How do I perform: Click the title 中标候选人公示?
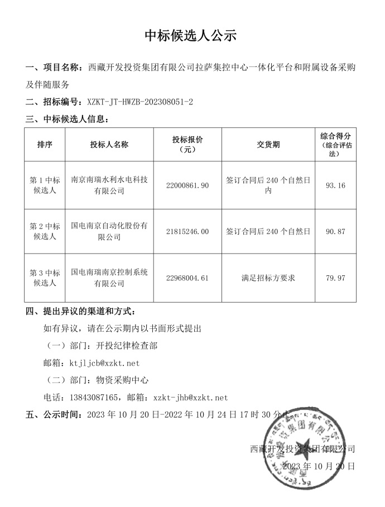coord(191,36)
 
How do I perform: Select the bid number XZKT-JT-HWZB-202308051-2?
coord(140,102)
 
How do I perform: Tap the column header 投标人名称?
coord(109,145)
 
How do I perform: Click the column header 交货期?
coord(268,145)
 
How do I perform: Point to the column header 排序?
coord(45,145)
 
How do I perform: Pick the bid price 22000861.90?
coord(187,185)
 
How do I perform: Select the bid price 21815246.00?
coord(187,231)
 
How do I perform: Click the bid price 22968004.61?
coord(187,278)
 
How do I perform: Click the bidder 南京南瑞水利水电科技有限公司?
coord(109,185)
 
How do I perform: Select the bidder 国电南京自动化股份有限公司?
coord(109,231)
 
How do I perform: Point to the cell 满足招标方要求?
coord(268,278)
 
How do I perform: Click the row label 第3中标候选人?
coord(45,278)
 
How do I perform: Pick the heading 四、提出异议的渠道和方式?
coord(80,310)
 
